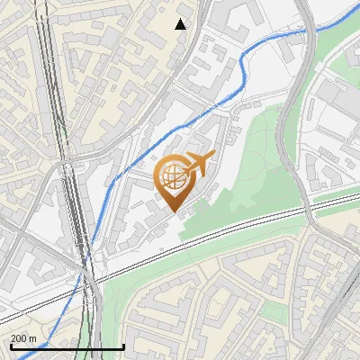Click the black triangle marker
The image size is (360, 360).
(x=181, y=24)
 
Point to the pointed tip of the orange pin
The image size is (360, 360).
(x=173, y=211)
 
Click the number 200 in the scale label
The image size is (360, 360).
(x=19, y=338)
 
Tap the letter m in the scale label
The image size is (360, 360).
(x=32, y=338)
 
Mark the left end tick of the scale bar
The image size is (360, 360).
(x=10, y=346)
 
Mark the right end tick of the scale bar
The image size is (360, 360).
(x=123, y=346)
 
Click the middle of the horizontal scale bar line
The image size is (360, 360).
(x=67, y=347)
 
